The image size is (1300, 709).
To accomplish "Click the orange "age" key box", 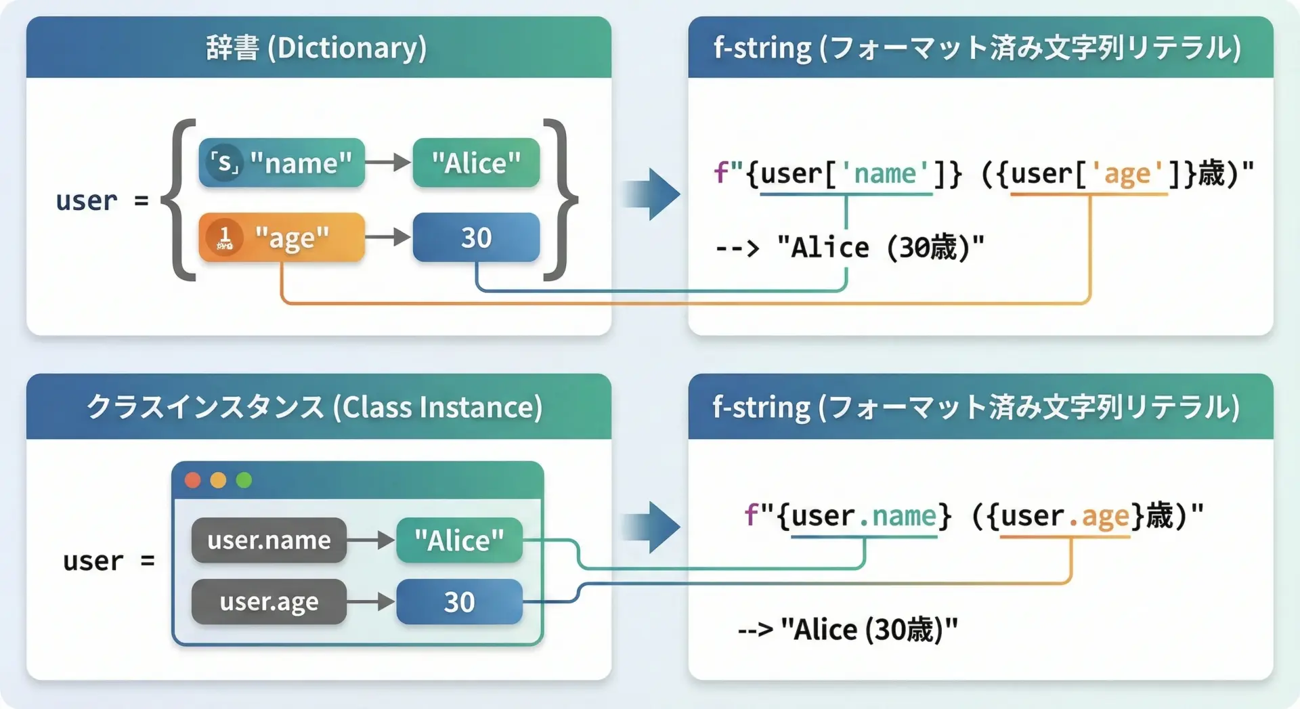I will (x=282, y=238).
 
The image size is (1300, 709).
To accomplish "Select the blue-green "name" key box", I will (x=282, y=163).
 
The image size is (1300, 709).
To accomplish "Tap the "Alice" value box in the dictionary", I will (x=476, y=163).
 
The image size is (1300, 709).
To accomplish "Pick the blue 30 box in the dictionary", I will (x=476, y=238).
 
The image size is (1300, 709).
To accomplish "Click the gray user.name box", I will (x=269, y=540).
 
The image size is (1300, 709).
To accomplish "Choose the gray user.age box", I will (x=269, y=601).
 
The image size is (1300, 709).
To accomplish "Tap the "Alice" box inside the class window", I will (x=459, y=540).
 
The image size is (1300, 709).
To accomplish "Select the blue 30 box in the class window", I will (x=459, y=601).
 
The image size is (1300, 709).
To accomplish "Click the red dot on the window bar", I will (x=193, y=480).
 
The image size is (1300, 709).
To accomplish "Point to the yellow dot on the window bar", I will (x=218, y=480).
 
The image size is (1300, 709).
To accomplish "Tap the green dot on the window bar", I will (x=244, y=480).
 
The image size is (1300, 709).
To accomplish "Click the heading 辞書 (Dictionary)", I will (x=317, y=47).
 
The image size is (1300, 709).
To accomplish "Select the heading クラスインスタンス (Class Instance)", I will (x=316, y=407).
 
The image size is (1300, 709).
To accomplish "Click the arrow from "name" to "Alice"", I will (x=388, y=163).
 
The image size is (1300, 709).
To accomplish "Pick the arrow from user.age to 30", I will (x=370, y=601).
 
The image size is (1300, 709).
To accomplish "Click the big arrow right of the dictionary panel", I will (x=653, y=194).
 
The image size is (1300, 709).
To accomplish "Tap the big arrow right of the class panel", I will (x=653, y=527).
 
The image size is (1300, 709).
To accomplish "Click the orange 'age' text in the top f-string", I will (x=1127, y=174).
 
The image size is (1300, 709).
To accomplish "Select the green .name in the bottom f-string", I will (x=898, y=516).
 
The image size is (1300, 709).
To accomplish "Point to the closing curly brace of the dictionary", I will (x=560, y=200).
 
